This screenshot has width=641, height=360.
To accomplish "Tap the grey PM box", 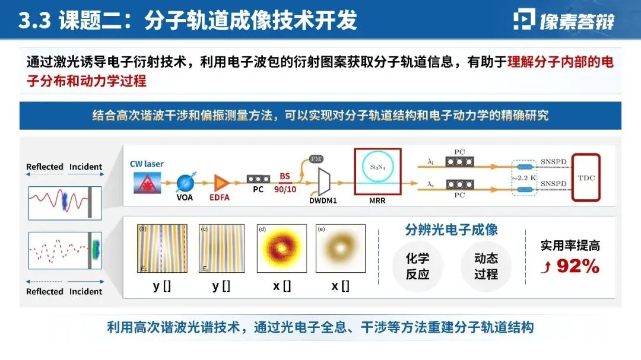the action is [x=316, y=158].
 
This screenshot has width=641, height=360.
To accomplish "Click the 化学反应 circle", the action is [x=417, y=266].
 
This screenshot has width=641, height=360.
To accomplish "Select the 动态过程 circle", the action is [x=486, y=266].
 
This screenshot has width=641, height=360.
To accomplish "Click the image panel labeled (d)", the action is [x=281, y=249].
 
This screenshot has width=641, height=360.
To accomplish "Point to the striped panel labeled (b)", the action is [x=162, y=249].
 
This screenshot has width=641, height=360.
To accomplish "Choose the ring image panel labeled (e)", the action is [x=340, y=249].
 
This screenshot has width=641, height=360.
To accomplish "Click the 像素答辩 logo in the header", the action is [x=563, y=21].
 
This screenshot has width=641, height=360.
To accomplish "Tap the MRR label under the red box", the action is [x=377, y=200].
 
